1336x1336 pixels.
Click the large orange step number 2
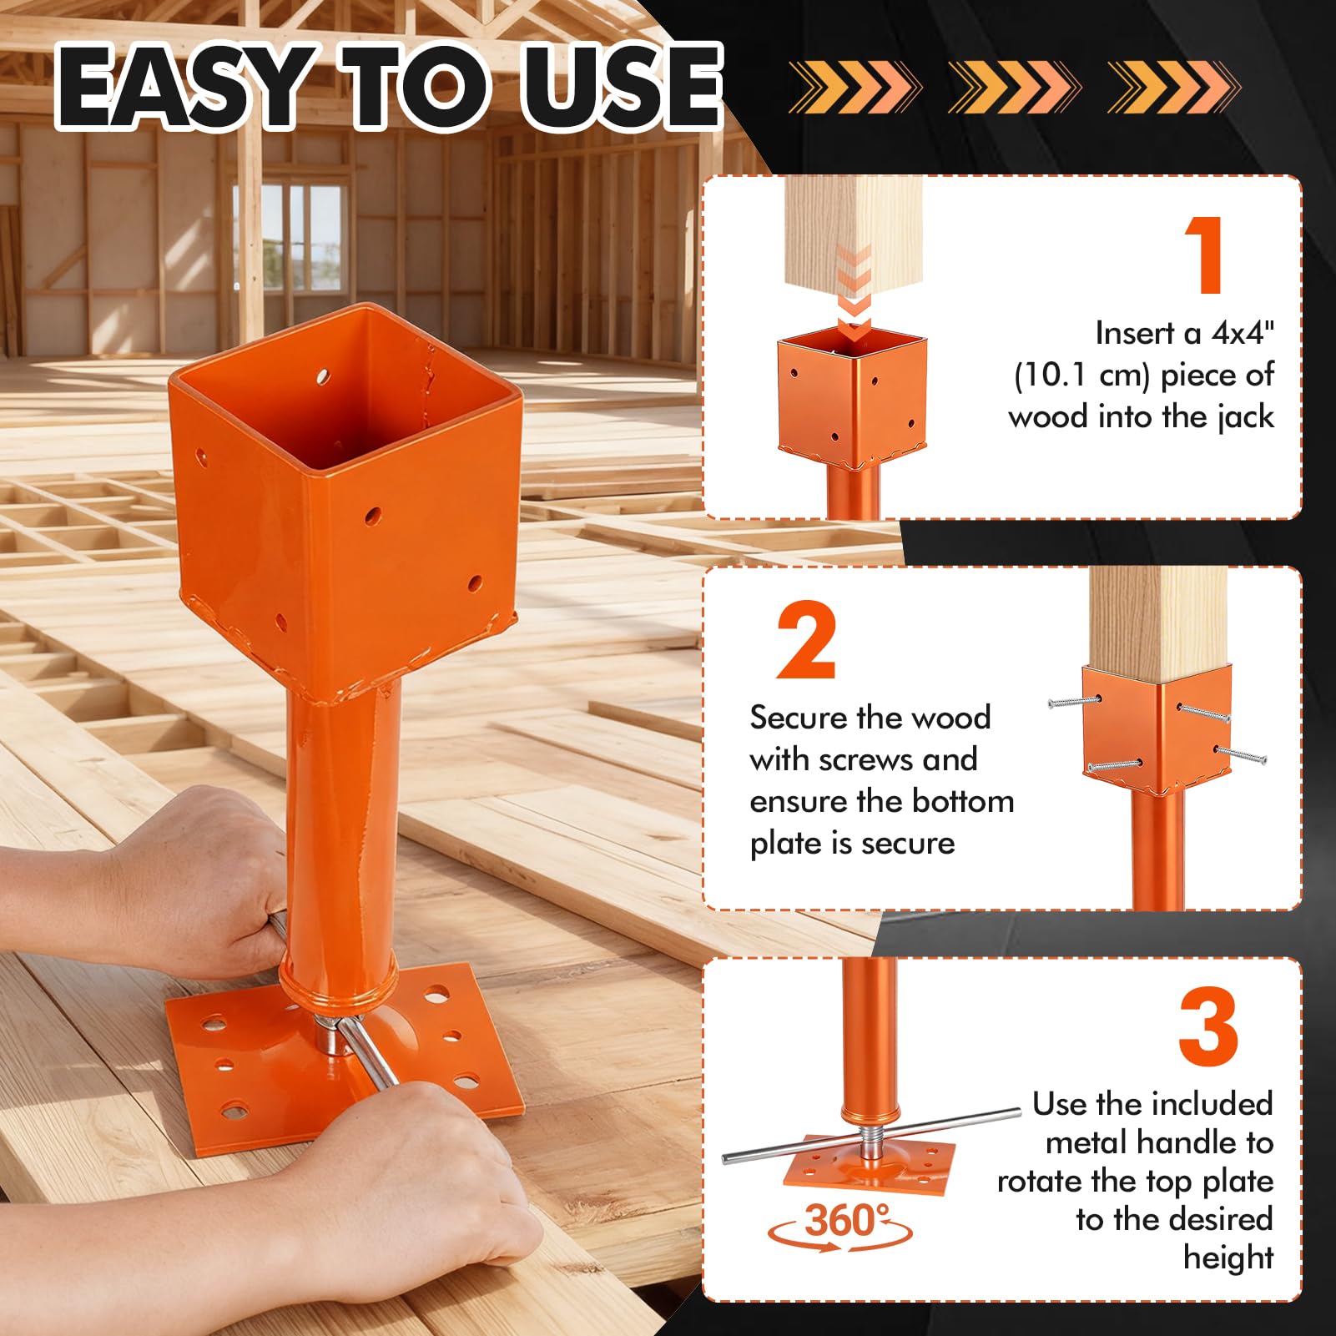click(x=806, y=640)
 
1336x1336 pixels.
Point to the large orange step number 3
click(x=1207, y=1026)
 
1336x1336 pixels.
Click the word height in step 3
click(x=1228, y=1258)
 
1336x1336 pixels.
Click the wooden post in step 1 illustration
click(x=853, y=250)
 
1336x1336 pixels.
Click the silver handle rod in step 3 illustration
click(x=871, y=1136)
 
